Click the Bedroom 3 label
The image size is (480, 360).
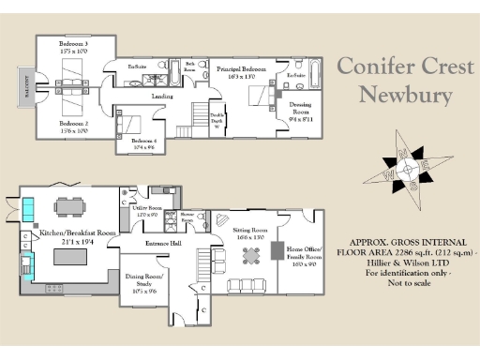(x=73, y=48)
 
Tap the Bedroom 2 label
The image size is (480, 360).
(x=73, y=127)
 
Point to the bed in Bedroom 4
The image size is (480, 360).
(x=132, y=122)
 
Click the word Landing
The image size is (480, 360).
(x=163, y=97)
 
